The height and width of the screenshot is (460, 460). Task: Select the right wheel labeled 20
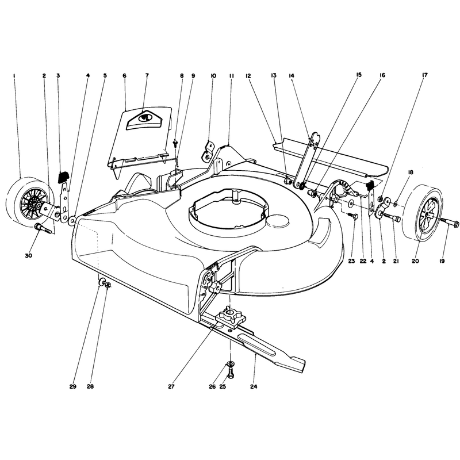click(425, 212)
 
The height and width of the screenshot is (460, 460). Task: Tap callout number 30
click(28, 255)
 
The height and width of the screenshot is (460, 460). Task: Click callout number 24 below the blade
click(254, 386)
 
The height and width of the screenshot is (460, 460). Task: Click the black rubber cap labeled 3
click(63, 177)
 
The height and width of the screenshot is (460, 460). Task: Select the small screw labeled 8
click(175, 143)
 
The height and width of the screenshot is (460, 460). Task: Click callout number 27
click(171, 386)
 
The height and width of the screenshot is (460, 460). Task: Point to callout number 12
click(248, 76)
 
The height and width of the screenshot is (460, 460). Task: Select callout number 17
click(425, 75)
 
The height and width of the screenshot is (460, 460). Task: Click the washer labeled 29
click(102, 282)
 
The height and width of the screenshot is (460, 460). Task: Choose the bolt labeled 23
click(353, 216)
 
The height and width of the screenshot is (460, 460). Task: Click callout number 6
click(124, 76)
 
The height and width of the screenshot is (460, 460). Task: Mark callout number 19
click(442, 261)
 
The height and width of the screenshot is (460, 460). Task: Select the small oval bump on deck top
click(278, 221)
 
